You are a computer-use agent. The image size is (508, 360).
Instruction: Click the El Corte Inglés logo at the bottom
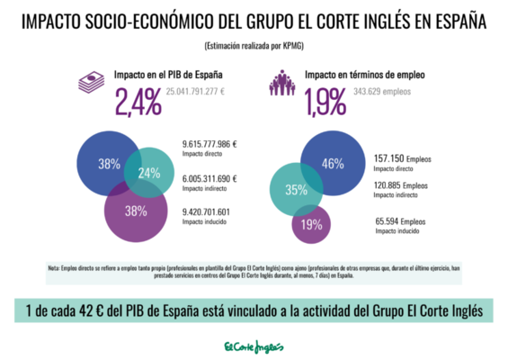(254, 346)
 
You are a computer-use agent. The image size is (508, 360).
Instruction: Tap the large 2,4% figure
(138, 103)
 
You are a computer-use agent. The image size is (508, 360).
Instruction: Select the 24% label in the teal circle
(148, 173)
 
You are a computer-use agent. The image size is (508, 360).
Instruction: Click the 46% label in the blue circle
(333, 163)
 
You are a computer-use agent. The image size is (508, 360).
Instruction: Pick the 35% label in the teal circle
(296, 190)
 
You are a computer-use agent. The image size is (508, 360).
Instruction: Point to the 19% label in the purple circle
(312, 225)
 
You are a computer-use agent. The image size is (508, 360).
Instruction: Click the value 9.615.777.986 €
(210, 144)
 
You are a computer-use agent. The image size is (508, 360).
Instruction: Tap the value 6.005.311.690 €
(210, 178)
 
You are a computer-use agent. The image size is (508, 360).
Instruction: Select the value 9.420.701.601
(206, 212)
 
